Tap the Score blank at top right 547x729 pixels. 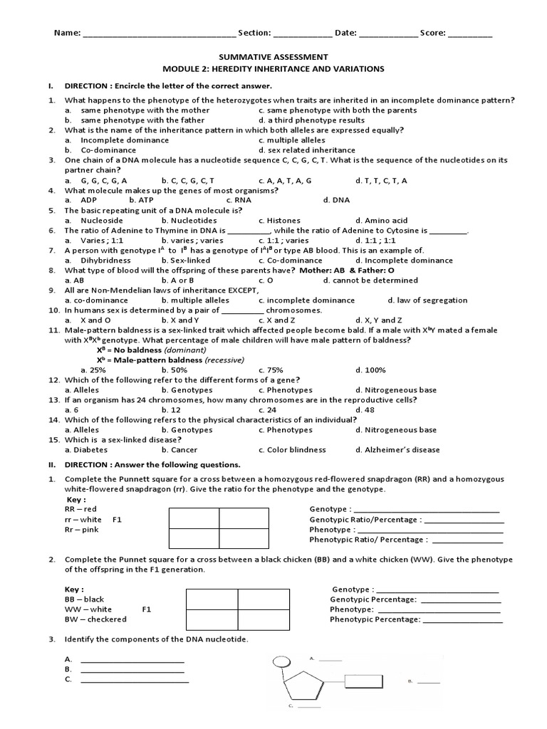click(470, 33)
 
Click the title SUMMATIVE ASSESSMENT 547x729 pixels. click(273, 56)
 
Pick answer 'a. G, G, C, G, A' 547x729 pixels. click(95, 181)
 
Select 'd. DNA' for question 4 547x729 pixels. click(337, 200)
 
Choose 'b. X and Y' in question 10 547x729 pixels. click(179, 320)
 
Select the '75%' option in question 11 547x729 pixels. click(271, 370)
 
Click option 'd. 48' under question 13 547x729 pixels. click(365, 410)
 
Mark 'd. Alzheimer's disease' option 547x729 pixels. click(397, 450)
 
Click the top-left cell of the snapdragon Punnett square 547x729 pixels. click(194, 518)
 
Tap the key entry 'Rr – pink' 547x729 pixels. click(80, 530)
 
